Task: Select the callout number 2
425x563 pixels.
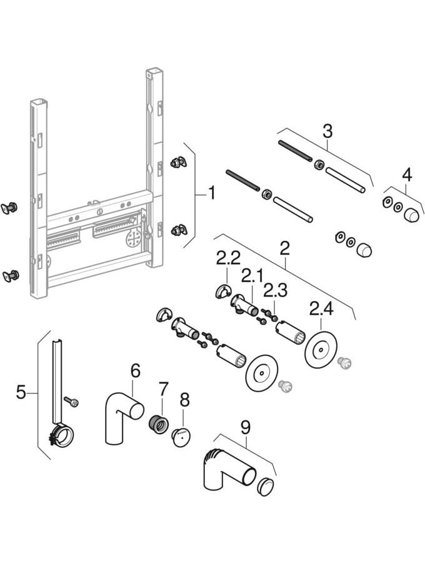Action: pos(285,248)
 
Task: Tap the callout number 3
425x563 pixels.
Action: pos(327,132)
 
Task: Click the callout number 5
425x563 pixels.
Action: pos(21,393)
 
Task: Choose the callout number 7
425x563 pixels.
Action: pos(164,388)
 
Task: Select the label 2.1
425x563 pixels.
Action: pos(252,275)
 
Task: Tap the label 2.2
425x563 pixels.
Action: pos(228,258)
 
